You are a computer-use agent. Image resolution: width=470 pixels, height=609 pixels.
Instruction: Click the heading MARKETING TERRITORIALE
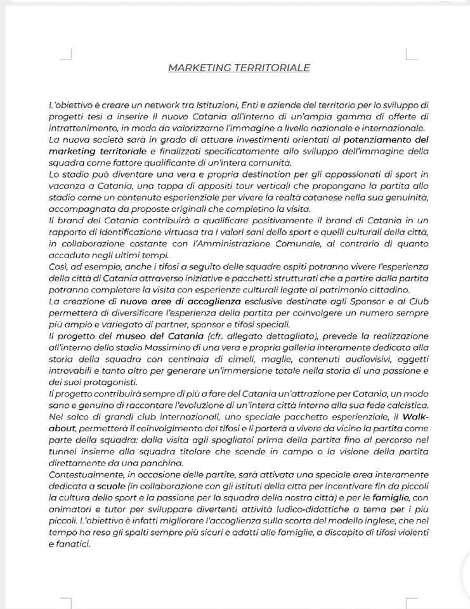(238, 67)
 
